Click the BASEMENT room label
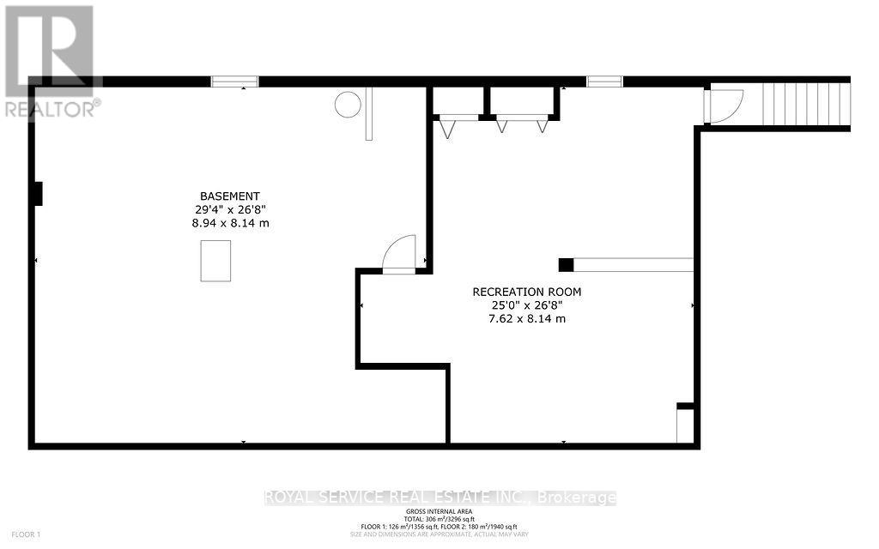[230, 196]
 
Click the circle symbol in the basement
[348, 105]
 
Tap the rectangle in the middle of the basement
[215, 261]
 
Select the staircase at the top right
[811, 104]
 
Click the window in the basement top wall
[234, 81]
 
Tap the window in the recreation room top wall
[604, 81]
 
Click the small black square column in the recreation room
[566, 264]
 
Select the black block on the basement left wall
[37, 194]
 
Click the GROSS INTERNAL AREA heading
[439, 510]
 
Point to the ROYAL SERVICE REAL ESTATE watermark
[439, 498]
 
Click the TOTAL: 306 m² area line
[439, 519]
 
